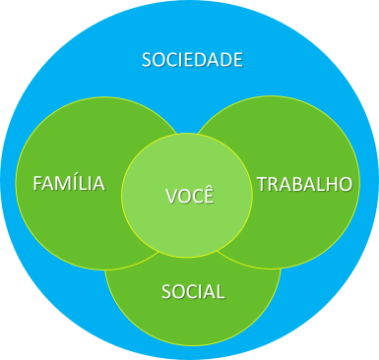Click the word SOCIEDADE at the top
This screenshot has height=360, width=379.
(192, 60)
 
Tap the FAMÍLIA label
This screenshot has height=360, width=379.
(69, 184)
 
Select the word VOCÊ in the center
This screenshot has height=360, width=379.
(189, 194)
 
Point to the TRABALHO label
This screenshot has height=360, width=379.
(304, 184)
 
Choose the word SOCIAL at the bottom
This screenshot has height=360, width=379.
(193, 291)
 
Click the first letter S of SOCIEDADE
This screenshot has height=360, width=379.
(148, 60)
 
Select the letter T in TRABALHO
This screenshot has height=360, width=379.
(262, 184)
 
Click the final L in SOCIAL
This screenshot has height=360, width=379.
(221, 291)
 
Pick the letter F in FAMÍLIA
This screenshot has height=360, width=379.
(37, 184)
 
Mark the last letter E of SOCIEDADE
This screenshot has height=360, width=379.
(237, 60)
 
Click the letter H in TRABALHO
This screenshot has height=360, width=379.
(330, 184)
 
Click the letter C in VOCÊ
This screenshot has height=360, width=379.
(195, 194)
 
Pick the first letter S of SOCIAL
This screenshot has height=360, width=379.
(165, 291)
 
